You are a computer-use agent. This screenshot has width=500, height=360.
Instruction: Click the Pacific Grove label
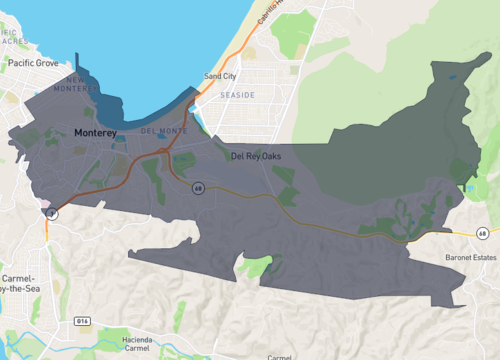[34, 62]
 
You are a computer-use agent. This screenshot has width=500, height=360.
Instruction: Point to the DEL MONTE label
[163, 131]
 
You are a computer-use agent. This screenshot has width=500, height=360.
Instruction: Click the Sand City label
[220, 76]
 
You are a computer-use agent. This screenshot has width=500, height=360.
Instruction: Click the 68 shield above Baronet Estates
[483, 233]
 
